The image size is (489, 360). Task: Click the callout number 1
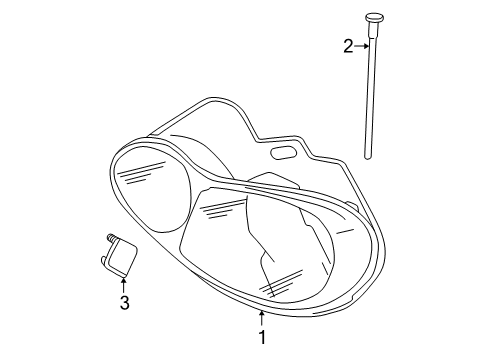click(x=262, y=338)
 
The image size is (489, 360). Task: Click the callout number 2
click(x=348, y=45)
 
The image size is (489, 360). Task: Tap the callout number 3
click(x=124, y=302)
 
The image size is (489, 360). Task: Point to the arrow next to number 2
click(x=361, y=45)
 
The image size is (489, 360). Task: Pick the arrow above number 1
click(x=262, y=318)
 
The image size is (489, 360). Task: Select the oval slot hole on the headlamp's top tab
click(x=283, y=154)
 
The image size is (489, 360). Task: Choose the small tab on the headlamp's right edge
click(x=352, y=207)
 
